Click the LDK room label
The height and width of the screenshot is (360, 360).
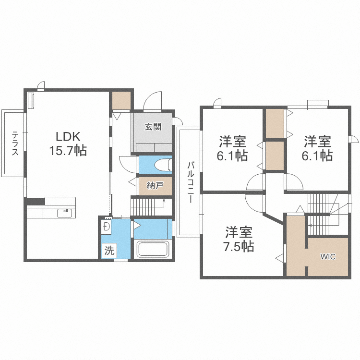68,135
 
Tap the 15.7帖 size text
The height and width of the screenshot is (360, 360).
68,151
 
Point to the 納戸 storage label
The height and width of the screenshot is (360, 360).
155,186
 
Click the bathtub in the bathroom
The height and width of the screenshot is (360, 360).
154,250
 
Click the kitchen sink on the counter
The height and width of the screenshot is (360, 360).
64,212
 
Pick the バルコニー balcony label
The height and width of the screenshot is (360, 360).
191,182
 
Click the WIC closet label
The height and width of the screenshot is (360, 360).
328,256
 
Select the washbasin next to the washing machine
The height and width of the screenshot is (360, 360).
107,226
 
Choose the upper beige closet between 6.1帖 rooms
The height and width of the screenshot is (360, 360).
275,123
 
